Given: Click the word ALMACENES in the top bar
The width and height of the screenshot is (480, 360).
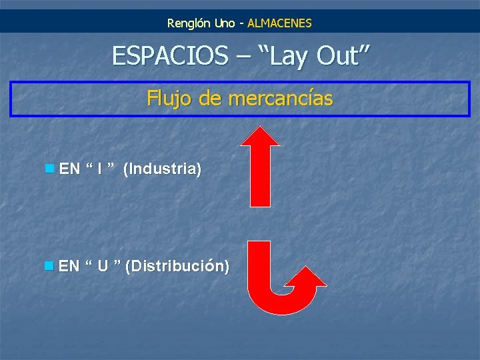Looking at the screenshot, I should pyautogui.click(x=279, y=23).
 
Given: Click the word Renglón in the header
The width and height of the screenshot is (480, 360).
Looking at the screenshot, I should pyautogui.click(x=189, y=23).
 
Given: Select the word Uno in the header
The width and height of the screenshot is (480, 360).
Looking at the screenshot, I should pyautogui.click(x=225, y=23).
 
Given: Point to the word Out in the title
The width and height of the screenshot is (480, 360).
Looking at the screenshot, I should pyautogui.click(x=341, y=56).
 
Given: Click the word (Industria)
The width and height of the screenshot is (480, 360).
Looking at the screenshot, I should pyautogui.click(x=162, y=169).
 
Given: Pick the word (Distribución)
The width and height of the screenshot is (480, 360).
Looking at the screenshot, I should pyautogui.click(x=177, y=267).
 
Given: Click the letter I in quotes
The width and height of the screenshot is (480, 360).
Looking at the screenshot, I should pyautogui.click(x=99, y=169).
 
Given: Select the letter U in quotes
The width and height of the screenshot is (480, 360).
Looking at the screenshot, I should pyautogui.click(x=103, y=267).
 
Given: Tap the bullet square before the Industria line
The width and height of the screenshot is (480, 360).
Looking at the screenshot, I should pyautogui.click(x=49, y=168).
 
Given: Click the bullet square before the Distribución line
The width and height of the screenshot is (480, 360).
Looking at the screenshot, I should pyautogui.click(x=49, y=266).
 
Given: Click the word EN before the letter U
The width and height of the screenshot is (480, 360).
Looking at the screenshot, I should pyautogui.click(x=69, y=267).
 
